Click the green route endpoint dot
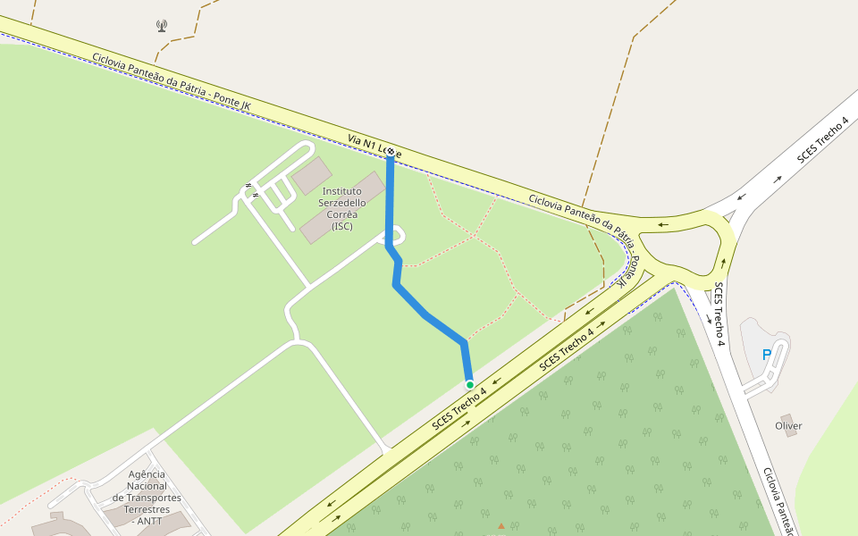pyautogui.click(x=469, y=385)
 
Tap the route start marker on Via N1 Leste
pyautogui.click(x=391, y=152)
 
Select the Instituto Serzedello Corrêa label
pyautogui.click(x=341, y=208)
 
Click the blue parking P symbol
pyautogui.click(x=766, y=355)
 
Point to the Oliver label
pyautogui.click(x=788, y=426)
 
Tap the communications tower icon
pyautogui.click(x=161, y=26)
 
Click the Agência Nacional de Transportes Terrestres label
pyautogui.click(x=147, y=498)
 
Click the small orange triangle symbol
pyautogui.click(x=501, y=525)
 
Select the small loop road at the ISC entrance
pyautogui.click(x=394, y=235)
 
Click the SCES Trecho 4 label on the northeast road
pyautogui.click(x=822, y=138)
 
